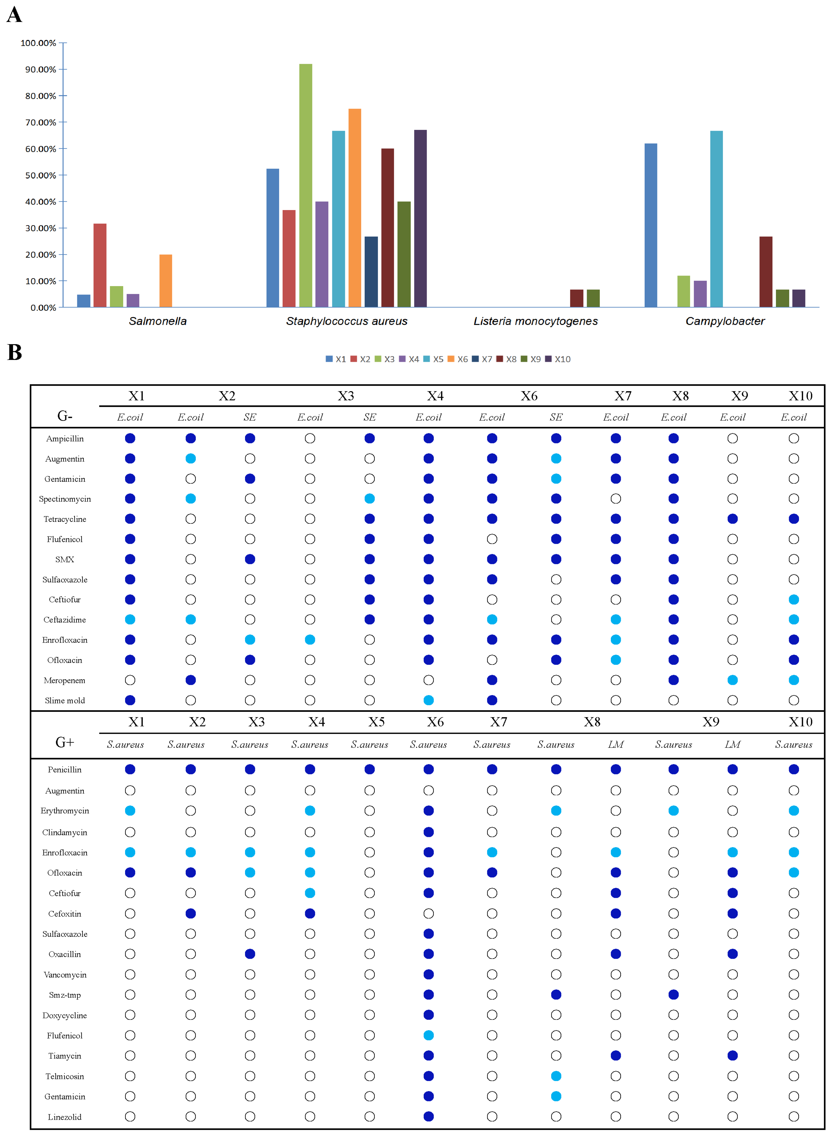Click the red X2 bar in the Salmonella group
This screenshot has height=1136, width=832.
pyautogui.click(x=100, y=265)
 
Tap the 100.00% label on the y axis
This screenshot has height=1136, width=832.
pyautogui.click(x=38, y=43)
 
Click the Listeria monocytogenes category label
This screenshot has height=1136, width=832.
pyautogui.click(x=535, y=321)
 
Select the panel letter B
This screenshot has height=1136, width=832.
pyautogui.click(x=15, y=352)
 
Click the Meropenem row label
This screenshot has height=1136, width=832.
pyautogui.click(x=64, y=680)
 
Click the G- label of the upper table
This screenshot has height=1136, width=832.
pyautogui.click(x=64, y=416)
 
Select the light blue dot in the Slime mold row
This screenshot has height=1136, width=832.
pyautogui.click(x=429, y=700)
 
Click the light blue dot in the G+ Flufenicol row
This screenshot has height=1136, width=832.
pyautogui.click(x=429, y=1035)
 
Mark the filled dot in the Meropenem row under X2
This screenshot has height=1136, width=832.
pyautogui.click(x=190, y=680)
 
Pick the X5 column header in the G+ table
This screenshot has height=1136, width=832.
pyautogui.click(x=376, y=722)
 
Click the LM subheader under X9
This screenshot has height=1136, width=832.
pyautogui.click(x=732, y=745)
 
